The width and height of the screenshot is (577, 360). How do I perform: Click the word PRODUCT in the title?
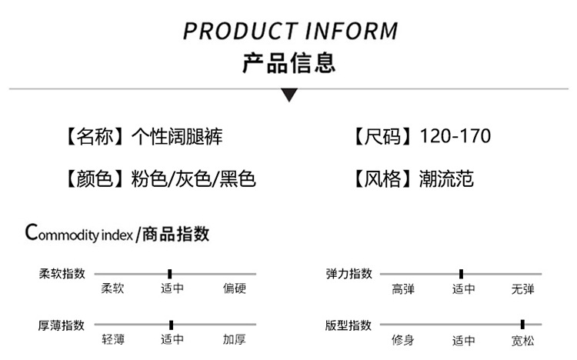241,31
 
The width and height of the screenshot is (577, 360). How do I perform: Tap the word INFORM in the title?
352,31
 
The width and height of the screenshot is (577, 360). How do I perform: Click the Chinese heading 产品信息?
289,63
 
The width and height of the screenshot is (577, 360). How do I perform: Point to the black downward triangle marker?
289,95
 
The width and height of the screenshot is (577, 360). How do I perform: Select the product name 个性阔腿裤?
177,137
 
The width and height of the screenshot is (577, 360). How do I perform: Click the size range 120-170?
455,136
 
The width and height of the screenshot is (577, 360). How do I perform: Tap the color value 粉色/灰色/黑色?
193,179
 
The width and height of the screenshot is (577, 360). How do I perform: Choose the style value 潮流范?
446,179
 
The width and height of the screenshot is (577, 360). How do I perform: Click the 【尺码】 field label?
382,137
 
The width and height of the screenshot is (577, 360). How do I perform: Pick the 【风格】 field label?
382,179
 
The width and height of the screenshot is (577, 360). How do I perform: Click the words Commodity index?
78,233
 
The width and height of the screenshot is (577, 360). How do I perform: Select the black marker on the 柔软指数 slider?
170,274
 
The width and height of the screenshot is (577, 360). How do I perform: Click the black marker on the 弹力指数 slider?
461,274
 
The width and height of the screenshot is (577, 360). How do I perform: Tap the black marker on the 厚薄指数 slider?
171,325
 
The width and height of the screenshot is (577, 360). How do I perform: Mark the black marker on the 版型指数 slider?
522,325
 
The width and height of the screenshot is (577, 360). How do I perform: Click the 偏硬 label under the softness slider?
235,288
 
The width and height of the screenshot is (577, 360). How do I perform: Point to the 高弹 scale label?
403,289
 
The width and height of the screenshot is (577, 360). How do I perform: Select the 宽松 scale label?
522,341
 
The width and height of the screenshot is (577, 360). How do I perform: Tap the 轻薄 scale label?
113,339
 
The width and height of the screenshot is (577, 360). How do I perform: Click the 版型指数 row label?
348,325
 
